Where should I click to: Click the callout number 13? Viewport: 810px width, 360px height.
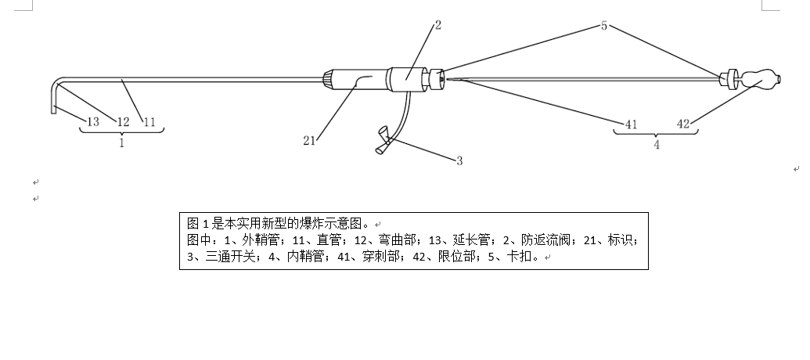coord(93,122)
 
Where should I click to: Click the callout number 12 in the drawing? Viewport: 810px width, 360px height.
coord(123,122)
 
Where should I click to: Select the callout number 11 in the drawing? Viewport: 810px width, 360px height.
coord(149,122)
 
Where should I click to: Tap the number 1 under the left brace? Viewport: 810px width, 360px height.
coord(122,143)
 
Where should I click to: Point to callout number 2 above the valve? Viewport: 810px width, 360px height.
coord(438,25)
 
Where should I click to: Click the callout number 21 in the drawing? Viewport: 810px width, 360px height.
coord(309,141)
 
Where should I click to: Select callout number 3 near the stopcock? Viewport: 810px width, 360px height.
coord(459,161)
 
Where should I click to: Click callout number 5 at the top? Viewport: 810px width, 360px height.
coord(604,26)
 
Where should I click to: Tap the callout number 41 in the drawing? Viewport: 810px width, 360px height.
coord(632,124)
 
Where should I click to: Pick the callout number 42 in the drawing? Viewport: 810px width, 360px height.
coord(683,124)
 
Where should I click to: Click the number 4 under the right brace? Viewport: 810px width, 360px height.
coord(657,145)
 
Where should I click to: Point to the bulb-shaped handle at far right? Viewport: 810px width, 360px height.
coord(761,79)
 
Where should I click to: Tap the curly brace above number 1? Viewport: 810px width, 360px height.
coord(122,131)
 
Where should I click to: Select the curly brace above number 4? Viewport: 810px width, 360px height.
coord(656,133)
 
